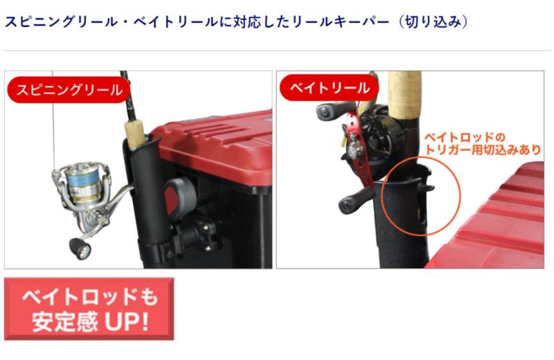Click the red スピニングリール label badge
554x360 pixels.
point(69,90)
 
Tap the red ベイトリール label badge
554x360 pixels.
point(330,87)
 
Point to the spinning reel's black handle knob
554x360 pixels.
point(80,248)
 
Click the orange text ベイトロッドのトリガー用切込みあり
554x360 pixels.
point(482,144)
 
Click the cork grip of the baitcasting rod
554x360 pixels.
point(404,96)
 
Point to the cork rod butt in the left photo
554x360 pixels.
point(134,134)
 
